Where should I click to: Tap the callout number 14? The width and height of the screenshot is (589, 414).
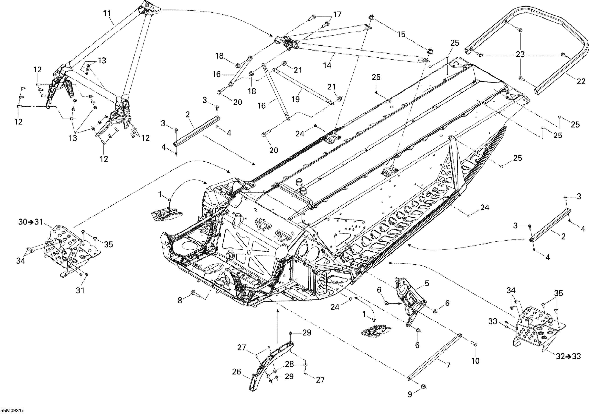point(327,65)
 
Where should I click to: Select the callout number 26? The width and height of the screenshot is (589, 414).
point(237,372)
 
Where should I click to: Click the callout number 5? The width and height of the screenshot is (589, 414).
point(427,283)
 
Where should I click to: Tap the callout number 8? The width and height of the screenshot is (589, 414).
point(180,300)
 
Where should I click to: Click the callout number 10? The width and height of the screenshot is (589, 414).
point(475,361)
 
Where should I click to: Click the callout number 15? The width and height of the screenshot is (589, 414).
point(401,34)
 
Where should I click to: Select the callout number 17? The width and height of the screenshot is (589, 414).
point(337,14)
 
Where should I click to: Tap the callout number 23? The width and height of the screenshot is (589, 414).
point(520,54)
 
